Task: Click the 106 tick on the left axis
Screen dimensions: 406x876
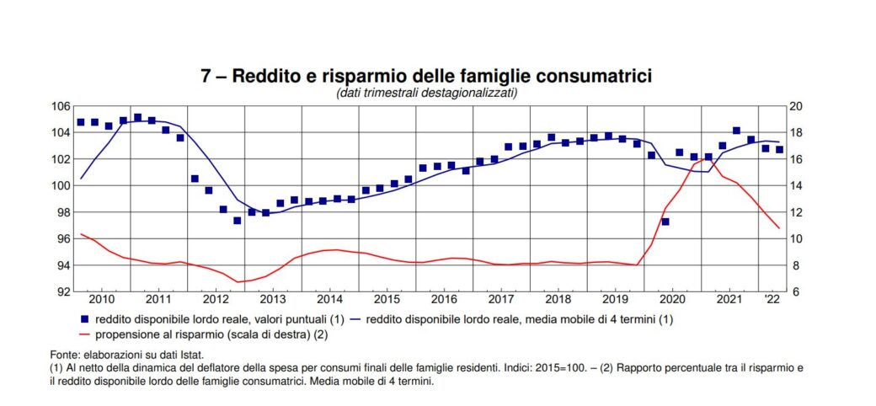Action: (60, 106)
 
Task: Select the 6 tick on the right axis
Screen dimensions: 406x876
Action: (795, 291)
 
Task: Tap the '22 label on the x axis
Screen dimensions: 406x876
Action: (772, 299)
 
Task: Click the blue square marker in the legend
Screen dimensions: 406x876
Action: (83, 318)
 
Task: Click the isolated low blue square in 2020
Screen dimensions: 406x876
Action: (665, 222)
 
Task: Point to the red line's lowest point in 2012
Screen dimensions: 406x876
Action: (238, 282)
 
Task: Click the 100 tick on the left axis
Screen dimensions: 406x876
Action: (60, 185)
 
